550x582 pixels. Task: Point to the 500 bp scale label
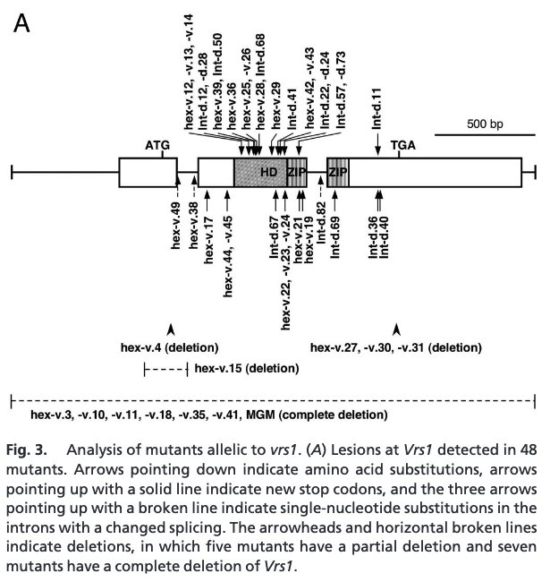tap(471, 123)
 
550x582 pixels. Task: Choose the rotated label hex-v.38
tap(194, 231)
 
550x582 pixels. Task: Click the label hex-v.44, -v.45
tap(229, 255)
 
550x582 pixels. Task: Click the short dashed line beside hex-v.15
tap(165, 369)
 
